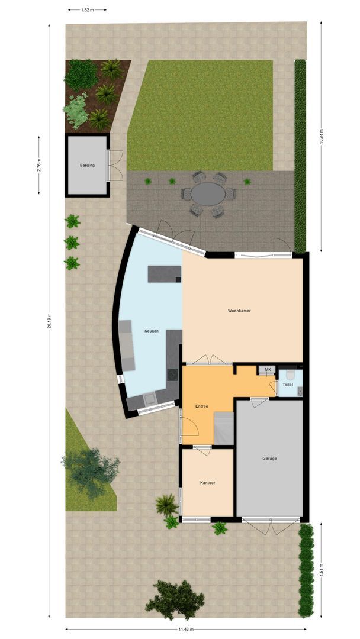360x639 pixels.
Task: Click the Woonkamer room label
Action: click(239, 311)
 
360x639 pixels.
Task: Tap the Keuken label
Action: click(152, 331)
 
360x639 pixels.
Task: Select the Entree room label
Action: click(202, 406)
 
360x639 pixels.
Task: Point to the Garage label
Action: click(270, 459)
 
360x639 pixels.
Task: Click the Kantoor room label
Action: click(207, 483)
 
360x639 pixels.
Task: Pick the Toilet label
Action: click(288, 385)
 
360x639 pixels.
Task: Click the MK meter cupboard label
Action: click(268, 370)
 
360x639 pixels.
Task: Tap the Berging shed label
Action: click(87, 166)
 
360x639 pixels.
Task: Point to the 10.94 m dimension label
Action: click(322, 137)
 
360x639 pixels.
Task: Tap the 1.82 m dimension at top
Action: click(87, 10)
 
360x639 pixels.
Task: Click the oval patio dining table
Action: click(208, 193)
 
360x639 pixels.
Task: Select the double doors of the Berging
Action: click(115, 166)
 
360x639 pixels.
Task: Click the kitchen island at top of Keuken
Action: click(165, 273)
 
